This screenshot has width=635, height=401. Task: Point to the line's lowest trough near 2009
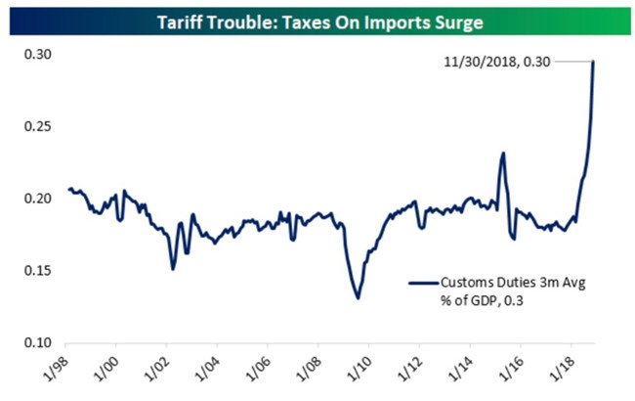(x=359, y=297)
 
